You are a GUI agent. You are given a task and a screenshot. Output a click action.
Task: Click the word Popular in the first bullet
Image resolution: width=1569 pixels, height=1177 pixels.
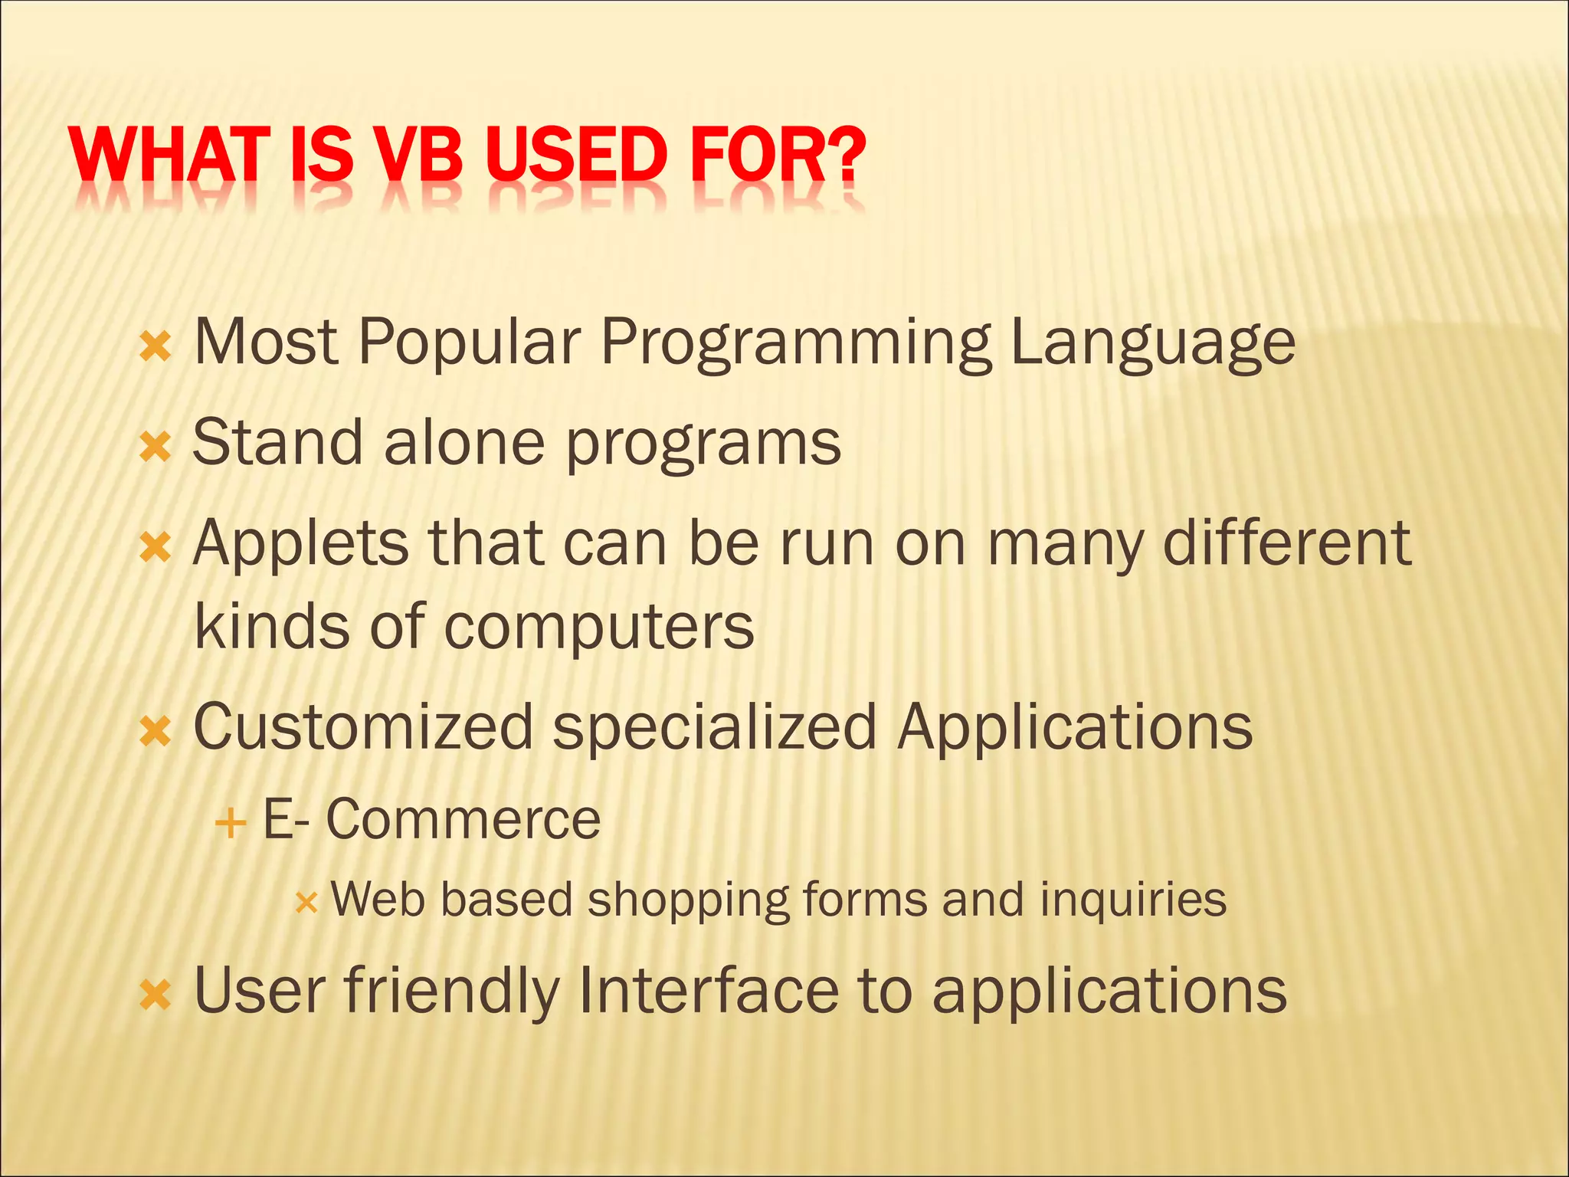tap(469, 343)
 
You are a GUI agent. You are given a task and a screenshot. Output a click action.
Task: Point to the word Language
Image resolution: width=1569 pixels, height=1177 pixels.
tap(1152, 343)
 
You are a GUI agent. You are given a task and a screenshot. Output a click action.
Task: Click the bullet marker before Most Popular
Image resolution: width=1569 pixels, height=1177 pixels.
tap(156, 347)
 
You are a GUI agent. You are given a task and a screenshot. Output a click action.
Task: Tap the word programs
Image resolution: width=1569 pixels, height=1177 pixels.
tap(703, 445)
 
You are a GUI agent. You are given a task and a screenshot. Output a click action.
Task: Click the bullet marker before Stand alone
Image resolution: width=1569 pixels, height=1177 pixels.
tap(156, 448)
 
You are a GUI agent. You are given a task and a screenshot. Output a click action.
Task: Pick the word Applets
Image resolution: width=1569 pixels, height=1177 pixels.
tap(300, 544)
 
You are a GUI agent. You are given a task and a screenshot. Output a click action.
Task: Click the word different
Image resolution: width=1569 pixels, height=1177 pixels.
tap(1287, 543)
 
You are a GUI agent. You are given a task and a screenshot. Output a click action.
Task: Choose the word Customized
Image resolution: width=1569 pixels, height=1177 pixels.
tap(363, 726)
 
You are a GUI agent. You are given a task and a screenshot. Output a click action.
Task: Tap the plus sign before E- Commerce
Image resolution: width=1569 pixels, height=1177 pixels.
tap(230, 825)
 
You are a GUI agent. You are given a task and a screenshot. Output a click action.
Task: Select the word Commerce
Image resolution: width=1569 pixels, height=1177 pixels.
tap(463, 819)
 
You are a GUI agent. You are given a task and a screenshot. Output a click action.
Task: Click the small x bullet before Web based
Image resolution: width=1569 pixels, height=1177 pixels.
tap(306, 903)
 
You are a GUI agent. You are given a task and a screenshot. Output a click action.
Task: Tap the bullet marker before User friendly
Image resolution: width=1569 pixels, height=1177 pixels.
tap(156, 995)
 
